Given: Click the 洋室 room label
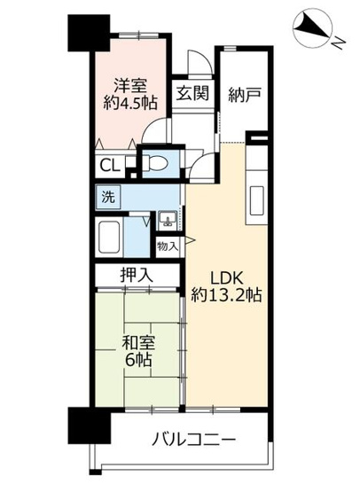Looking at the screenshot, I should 130,85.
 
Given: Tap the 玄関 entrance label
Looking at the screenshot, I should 192,93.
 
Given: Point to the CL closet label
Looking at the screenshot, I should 111,165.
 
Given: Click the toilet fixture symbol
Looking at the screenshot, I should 157,163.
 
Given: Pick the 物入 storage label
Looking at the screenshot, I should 168,245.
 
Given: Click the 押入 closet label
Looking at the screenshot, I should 138,276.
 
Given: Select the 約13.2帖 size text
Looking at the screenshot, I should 225,294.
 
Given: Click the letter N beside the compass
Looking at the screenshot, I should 339,39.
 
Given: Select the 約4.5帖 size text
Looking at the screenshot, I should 131,105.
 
